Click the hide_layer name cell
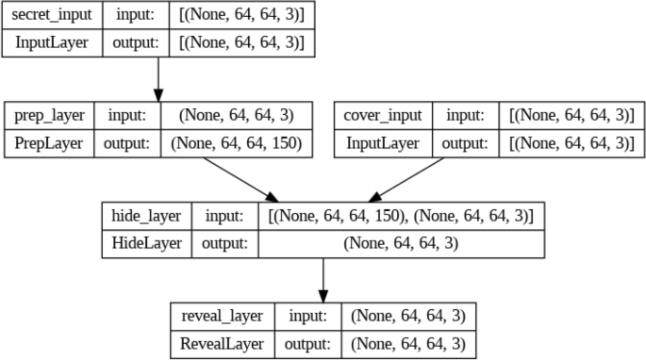(146, 217)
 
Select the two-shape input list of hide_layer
(401, 217)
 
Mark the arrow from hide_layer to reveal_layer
(323, 279)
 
